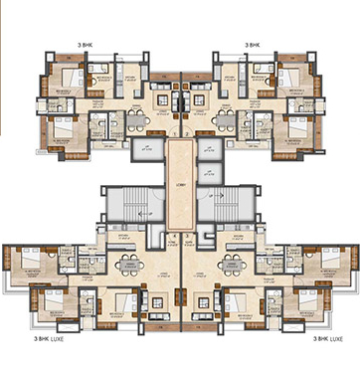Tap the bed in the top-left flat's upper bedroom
point(70,80)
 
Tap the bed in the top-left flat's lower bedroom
point(62,127)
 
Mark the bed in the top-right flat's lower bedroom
point(298,127)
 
